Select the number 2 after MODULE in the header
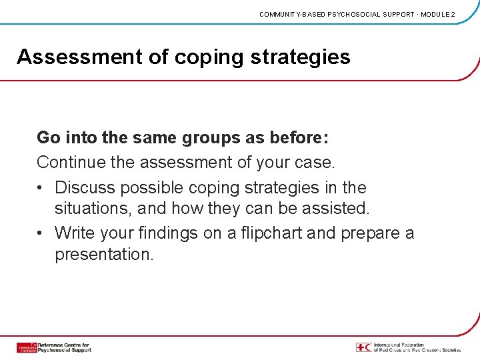point(453,14)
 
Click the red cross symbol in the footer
point(363,347)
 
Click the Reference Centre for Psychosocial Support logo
point(53,347)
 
